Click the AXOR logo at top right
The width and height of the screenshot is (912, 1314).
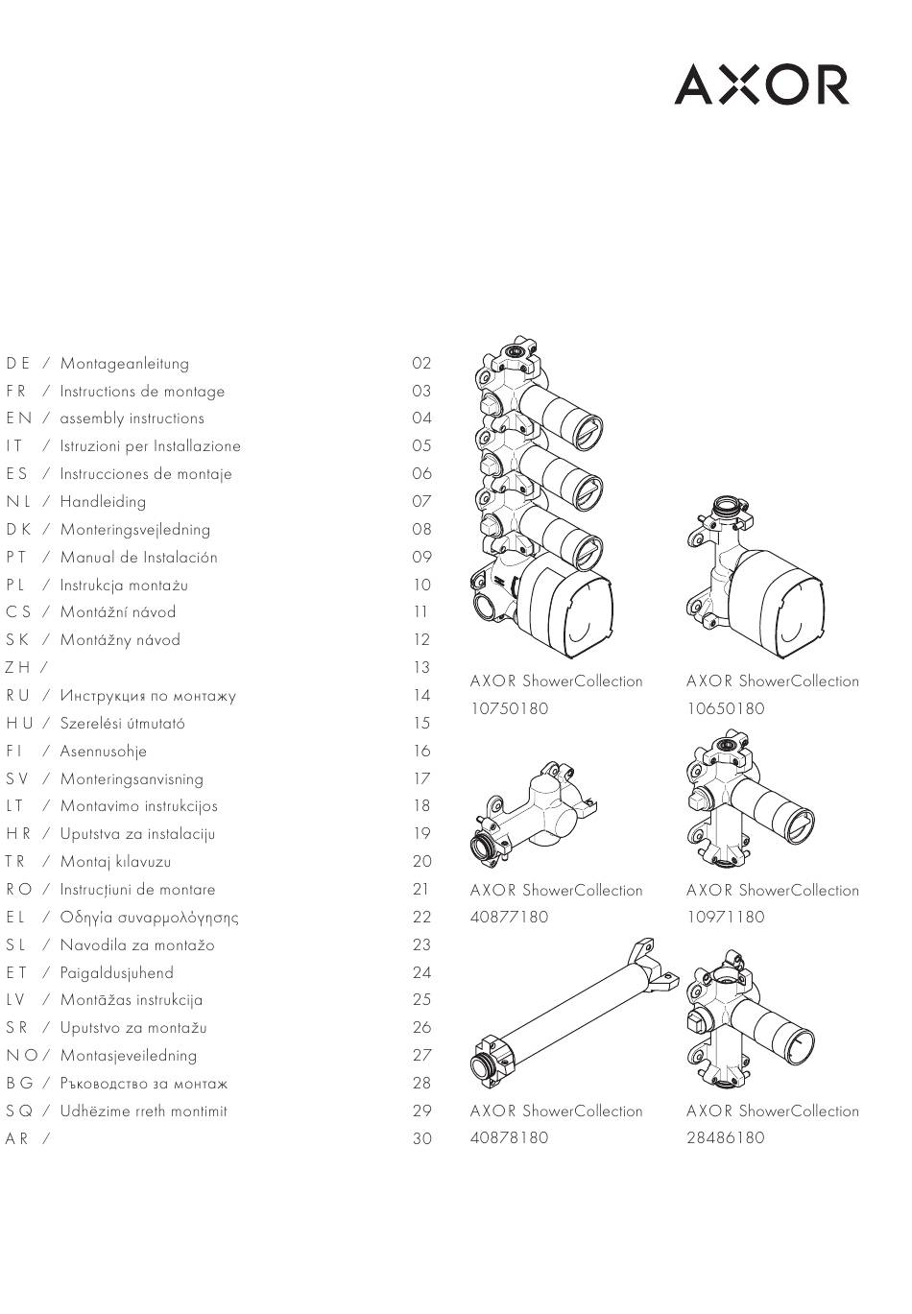point(761,85)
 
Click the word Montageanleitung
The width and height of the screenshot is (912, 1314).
point(125,364)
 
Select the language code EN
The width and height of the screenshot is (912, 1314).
point(18,418)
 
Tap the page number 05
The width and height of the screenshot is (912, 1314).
point(422,446)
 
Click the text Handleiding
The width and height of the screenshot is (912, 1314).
point(103,501)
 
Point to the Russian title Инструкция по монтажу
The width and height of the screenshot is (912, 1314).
point(148,696)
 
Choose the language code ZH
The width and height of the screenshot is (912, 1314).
point(18,667)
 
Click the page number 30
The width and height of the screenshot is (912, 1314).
point(422,1139)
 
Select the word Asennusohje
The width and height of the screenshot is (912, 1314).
point(104,752)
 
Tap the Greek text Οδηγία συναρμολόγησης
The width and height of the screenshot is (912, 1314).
point(150,918)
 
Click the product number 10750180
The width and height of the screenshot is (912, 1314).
point(510,708)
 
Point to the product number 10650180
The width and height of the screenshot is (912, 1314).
point(726,708)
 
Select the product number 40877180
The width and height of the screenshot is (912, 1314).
point(510,917)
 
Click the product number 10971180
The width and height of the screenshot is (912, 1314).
point(726,917)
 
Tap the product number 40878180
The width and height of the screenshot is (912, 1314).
point(510,1137)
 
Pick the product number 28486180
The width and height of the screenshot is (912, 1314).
point(726,1137)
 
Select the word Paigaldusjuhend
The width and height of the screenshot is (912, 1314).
point(117,973)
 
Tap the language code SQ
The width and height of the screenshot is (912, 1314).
point(19,1111)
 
